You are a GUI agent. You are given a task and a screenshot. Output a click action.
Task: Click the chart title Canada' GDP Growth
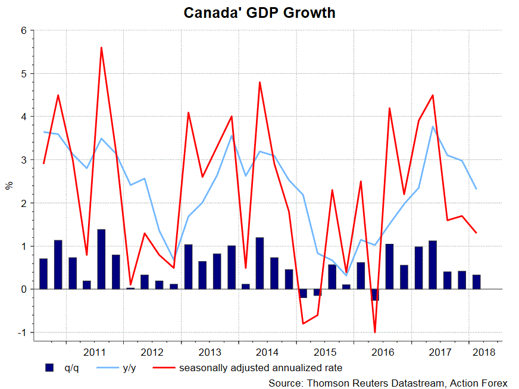tap(259, 12)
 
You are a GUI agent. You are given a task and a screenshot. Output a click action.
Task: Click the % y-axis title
tap(9, 185)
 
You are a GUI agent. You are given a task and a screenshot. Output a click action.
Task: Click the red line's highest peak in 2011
tap(101, 48)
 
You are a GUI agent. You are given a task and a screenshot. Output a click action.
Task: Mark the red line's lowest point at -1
tap(375, 332)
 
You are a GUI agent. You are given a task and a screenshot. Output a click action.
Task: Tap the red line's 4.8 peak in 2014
tap(260, 82)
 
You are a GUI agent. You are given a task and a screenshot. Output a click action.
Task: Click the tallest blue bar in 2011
tap(101, 259)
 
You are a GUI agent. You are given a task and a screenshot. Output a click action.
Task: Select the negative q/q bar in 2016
tap(375, 294)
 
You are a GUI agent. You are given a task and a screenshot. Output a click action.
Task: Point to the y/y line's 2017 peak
tap(433, 127)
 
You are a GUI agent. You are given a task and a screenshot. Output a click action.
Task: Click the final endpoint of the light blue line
tap(476, 189)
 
